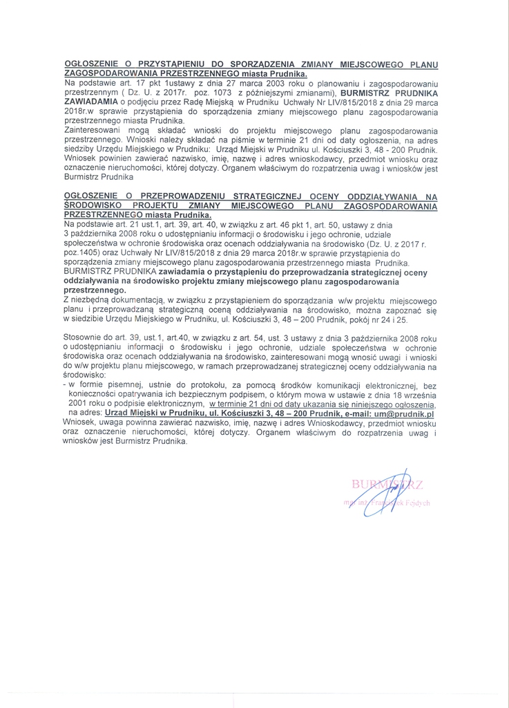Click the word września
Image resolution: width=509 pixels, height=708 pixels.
coord(419,393)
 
